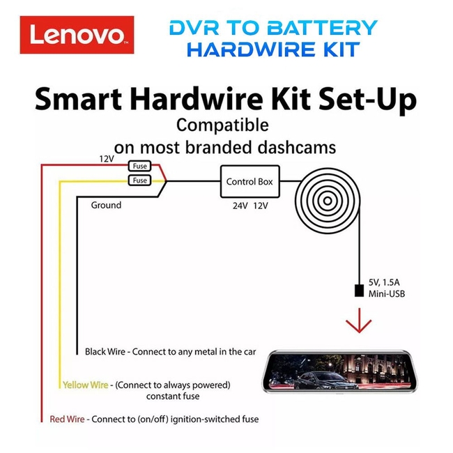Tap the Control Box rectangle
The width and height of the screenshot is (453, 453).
[x=249, y=181]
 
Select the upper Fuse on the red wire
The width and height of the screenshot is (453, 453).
[x=140, y=167]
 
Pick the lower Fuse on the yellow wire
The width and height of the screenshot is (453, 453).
[x=140, y=181]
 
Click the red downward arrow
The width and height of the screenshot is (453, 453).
[x=358, y=323]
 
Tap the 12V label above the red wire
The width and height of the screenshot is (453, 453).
[x=106, y=159]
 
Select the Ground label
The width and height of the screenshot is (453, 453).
[x=106, y=205]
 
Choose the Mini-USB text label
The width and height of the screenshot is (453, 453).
[x=386, y=295]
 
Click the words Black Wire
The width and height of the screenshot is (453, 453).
[x=105, y=352]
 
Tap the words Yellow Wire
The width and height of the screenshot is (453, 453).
[x=85, y=385]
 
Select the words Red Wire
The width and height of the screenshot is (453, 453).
[x=67, y=419]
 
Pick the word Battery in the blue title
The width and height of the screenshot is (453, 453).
[x=323, y=28]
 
